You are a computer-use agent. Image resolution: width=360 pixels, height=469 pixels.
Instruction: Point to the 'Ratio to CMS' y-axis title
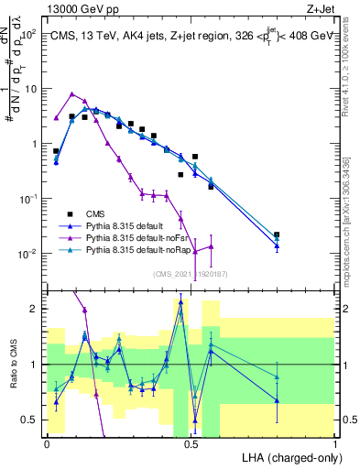pyautogui.click(x=12, y=364)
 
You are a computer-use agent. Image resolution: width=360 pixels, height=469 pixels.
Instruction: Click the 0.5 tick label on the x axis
pyautogui.click(x=191, y=443)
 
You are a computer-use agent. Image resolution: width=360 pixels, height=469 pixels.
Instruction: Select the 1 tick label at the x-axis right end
pyautogui.click(x=335, y=443)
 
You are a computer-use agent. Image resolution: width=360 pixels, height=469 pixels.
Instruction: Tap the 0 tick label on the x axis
pyautogui.click(x=47, y=443)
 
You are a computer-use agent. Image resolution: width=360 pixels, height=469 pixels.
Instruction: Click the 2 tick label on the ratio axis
pyautogui.click(x=35, y=310)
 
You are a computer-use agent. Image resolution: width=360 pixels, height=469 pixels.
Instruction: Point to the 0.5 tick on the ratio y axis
pyautogui.click(x=31, y=420)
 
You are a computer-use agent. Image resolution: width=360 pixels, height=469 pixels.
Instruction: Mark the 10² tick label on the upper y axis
pyautogui.click(x=29, y=35)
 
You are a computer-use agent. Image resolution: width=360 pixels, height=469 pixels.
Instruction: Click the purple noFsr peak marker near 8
pyautogui.click(x=72, y=93)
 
